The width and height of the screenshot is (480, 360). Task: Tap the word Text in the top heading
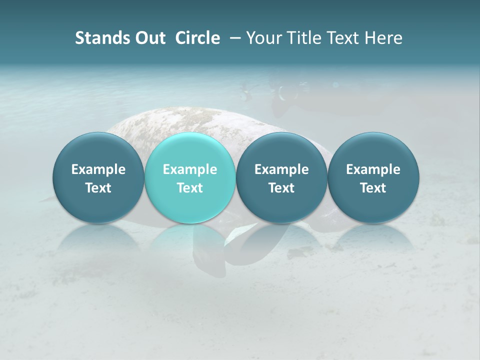[341, 38]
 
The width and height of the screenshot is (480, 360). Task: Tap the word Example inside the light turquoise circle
[190, 169]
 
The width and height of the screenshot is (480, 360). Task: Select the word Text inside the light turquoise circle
[190, 188]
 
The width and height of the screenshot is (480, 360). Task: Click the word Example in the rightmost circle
[373, 169]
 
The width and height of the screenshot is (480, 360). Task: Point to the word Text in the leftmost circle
[98, 188]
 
